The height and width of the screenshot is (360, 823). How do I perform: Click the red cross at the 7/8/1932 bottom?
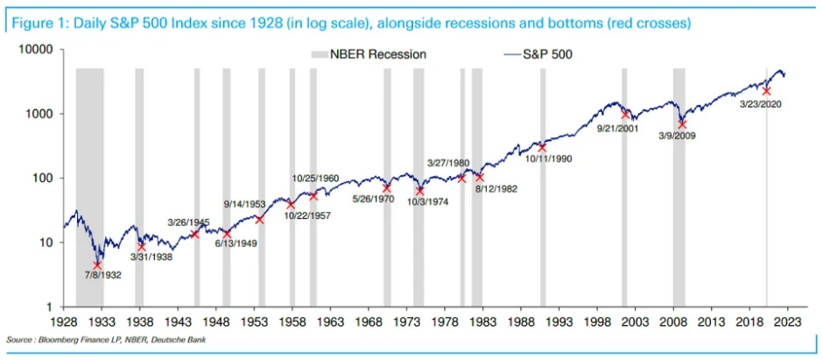coord(97,265)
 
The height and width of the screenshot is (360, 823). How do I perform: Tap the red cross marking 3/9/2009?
coord(682,124)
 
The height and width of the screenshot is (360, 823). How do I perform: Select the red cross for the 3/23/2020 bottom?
coord(766,91)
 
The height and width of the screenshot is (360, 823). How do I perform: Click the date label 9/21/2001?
coord(617,127)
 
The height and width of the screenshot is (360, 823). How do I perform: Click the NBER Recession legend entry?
coord(369,54)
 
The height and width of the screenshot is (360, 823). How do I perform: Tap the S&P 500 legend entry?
coord(538,54)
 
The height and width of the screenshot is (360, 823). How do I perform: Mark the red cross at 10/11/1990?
coord(542,147)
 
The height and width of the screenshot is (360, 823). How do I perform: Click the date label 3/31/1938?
coord(151,258)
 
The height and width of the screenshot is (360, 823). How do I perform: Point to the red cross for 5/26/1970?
coord(387,187)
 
